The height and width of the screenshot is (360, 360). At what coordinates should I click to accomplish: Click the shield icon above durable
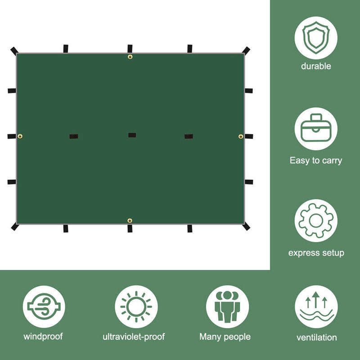[x=316, y=38]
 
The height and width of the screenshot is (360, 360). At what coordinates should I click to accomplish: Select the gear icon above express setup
[x=316, y=220]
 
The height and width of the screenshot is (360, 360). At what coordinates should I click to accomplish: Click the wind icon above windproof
[x=44, y=306]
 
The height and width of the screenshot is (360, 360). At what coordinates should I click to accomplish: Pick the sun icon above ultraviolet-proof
[x=136, y=307]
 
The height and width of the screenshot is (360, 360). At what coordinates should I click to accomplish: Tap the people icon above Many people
[x=227, y=307]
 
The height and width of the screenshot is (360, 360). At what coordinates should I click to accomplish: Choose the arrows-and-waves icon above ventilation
[x=316, y=307]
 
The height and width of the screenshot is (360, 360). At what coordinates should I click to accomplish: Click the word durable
[x=316, y=66]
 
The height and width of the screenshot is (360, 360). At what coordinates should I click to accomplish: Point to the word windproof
[x=43, y=337]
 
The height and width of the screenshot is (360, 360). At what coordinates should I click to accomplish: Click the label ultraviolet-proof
[x=134, y=337]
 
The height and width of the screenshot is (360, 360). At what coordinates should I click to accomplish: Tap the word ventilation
[x=317, y=337]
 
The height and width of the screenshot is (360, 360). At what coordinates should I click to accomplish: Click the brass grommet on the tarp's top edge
[x=130, y=57]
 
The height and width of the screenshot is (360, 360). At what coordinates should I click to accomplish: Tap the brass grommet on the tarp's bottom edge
[x=130, y=220]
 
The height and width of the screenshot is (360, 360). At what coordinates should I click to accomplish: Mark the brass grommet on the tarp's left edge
[x=20, y=136]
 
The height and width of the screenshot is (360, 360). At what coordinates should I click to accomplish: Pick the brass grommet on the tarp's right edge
[x=241, y=136]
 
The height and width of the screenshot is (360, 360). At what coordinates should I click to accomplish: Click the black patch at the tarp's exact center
[x=132, y=135]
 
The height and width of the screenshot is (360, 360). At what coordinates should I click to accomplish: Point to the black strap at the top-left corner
[x=14, y=51]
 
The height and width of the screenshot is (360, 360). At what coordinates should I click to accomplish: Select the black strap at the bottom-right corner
[x=246, y=226]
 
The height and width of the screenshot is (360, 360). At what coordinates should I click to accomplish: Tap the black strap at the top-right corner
[x=246, y=50]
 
